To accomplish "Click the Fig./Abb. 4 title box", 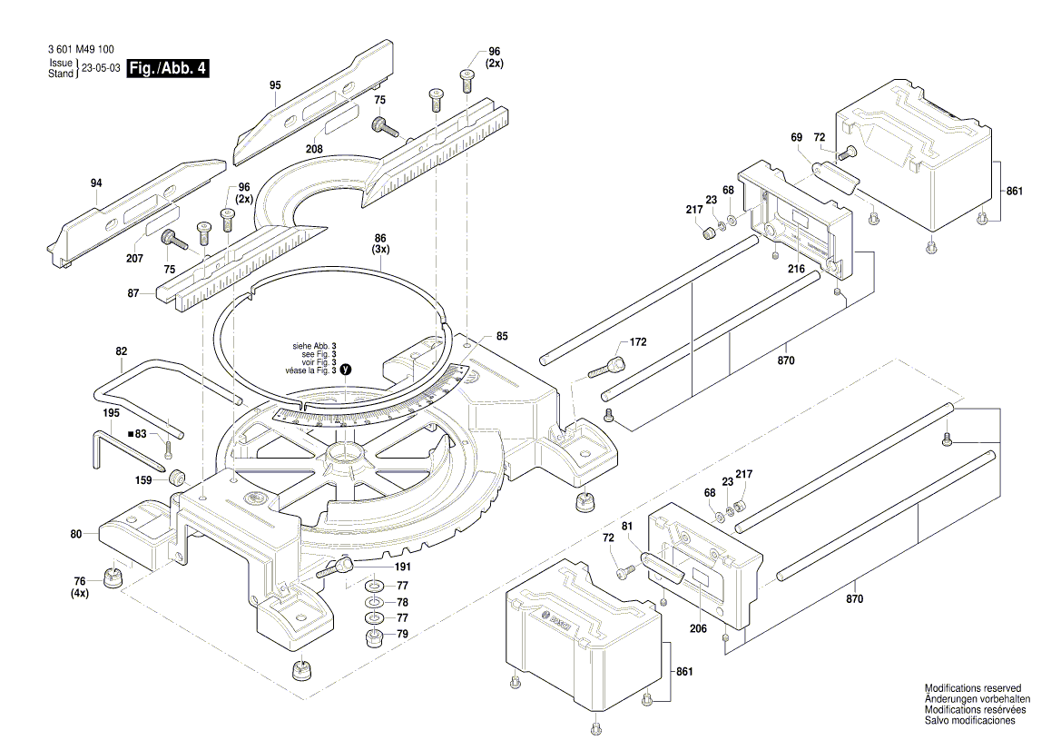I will click(168, 68).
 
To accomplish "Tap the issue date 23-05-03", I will click(101, 68).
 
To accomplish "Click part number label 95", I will click(275, 84).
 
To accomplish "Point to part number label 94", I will click(97, 183).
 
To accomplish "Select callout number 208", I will click(313, 149).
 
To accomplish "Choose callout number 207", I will click(134, 259).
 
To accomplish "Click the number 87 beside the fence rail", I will click(133, 293).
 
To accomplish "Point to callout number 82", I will click(122, 350).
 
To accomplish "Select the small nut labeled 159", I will click(174, 478).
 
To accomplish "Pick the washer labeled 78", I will click(373, 603).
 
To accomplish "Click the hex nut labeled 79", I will click(373, 636).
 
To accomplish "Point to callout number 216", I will click(797, 270).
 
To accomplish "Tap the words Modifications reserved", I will click(972, 688).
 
